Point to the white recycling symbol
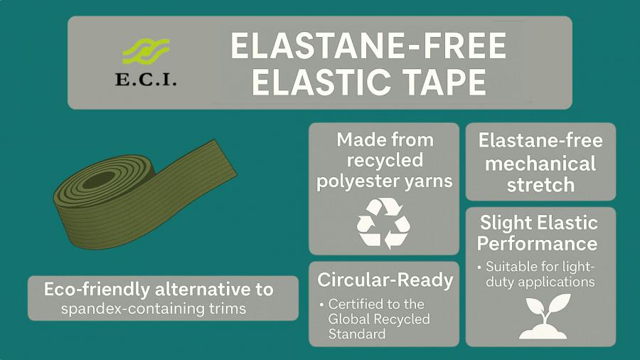click(383, 223)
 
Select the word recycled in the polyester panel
click(384, 159)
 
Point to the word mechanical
click(540, 164)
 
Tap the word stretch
click(540, 185)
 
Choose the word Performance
click(537, 243)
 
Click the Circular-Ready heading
click(385, 280)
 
